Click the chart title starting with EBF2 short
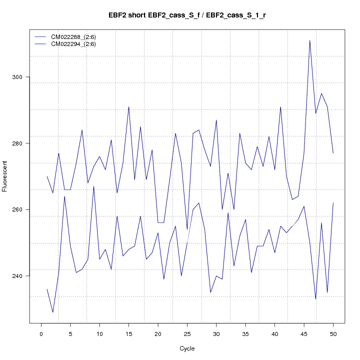[x=187, y=15]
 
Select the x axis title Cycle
[x=187, y=348]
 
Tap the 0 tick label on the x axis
[x=41, y=334]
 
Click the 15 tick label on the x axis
[x=128, y=334]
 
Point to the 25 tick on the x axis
[x=187, y=334]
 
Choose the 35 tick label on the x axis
[x=245, y=334]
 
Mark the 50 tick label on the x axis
[x=333, y=334]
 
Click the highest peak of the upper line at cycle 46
[x=309, y=40]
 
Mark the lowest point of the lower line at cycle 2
[x=53, y=312]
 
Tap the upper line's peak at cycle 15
[x=128, y=107]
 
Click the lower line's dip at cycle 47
[x=315, y=299]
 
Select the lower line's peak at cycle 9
[x=93, y=186]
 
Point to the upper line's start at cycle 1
[x=47, y=176]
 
